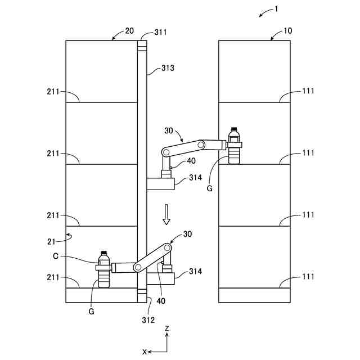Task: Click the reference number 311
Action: [x=160, y=32]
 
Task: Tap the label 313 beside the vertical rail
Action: [x=168, y=68]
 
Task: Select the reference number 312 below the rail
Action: [x=148, y=320]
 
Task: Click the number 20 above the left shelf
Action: [x=129, y=31]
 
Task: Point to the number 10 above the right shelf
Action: [x=288, y=31]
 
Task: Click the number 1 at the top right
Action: [x=276, y=9]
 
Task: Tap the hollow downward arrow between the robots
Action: [x=166, y=214]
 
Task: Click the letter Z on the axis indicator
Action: [x=167, y=328]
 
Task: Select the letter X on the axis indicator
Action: [x=145, y=352]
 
